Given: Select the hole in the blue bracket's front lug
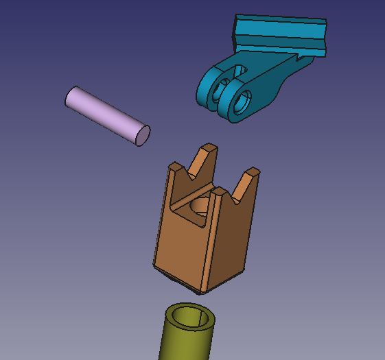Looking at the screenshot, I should point(240,104).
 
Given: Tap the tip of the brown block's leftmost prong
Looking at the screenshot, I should point(176,167).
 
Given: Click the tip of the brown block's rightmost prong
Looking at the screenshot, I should point(252,171).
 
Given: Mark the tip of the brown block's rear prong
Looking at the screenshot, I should point(209,147).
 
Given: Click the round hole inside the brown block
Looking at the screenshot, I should point(200,205).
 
